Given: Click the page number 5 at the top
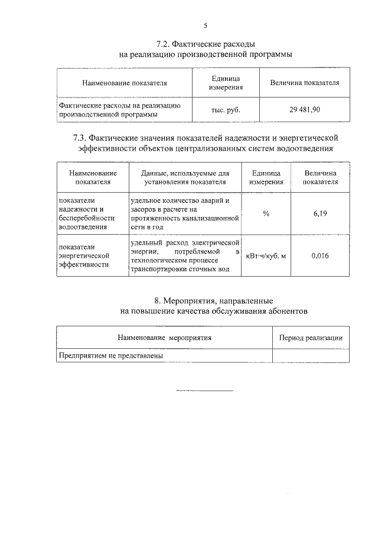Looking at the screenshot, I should [x=205, y=25].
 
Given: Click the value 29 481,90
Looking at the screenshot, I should [x=305, y=110].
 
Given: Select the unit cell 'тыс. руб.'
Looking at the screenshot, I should [x=226, y=110].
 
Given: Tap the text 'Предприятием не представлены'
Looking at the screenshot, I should [x=110, y=356].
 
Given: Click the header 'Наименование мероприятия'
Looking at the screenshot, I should [x=164, y=338].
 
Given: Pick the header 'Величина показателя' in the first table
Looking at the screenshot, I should [x=305, y=83].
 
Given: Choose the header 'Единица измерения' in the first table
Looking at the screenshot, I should [x=226, y=83].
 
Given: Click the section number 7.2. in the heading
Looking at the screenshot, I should [x=163, y=44].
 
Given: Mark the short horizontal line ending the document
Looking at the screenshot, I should [x=205, y=391].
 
